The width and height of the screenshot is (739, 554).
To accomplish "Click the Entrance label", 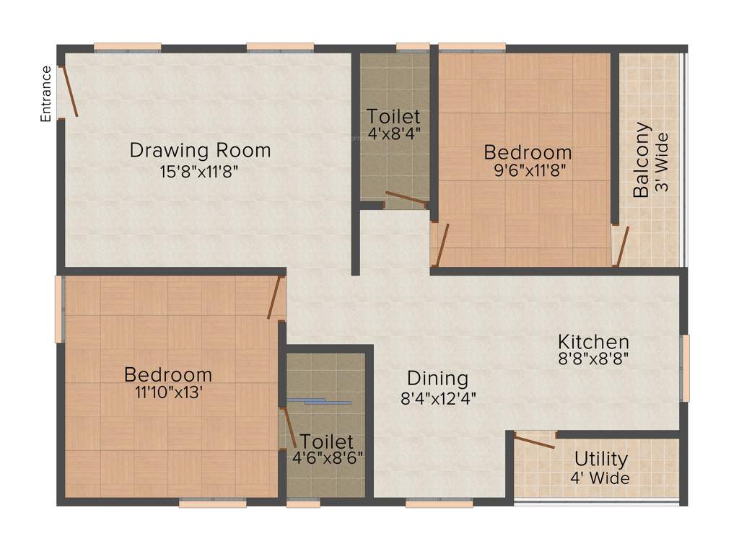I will click(x=46, y=93).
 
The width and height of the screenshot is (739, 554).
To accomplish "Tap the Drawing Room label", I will click(x=200, y=150).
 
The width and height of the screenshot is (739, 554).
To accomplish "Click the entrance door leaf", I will click(x=67, y=92).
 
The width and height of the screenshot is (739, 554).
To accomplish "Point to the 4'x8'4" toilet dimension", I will click(x=393, y=133).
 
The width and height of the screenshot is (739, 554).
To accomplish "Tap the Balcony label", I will click(x=641, y=159).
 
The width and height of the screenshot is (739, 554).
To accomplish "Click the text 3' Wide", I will click(x=663, y=162).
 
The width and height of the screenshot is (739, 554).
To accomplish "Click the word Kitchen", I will click(x=593, y=341).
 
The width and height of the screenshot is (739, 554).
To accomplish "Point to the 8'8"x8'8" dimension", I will click(x=593, y=359).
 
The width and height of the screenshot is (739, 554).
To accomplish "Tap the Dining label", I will click(x=437, y=378).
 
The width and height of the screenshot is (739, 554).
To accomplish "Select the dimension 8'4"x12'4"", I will click(x=438, y=396).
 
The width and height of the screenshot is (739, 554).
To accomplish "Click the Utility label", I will click(x=600, y=459).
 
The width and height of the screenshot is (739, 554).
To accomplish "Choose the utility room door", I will click(x=535, y=441).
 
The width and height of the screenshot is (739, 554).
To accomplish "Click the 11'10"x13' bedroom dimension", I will click(x=168, y=393).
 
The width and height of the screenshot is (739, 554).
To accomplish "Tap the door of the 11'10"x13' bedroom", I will click(x=274, y=299).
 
